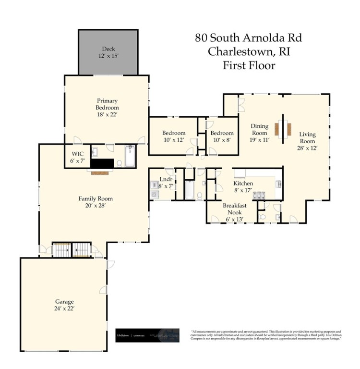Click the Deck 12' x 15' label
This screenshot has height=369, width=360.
click(x=108, y=52)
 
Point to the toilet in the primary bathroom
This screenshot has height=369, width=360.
click(x=119, y=163)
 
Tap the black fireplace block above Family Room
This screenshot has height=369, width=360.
click(x=102, y=164)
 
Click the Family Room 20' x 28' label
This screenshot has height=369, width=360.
click(x=96, y=201)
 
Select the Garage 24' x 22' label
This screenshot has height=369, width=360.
click(x=63, y=305)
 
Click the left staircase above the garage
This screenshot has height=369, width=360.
click(x=61, y=250)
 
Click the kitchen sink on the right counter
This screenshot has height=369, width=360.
click(x=278, y=183)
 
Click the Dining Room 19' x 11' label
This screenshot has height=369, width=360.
click(x=260, y=133)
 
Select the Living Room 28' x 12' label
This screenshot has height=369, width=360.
click(x=307, y=141)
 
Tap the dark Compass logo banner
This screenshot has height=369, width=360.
click(x=147, y=335)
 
